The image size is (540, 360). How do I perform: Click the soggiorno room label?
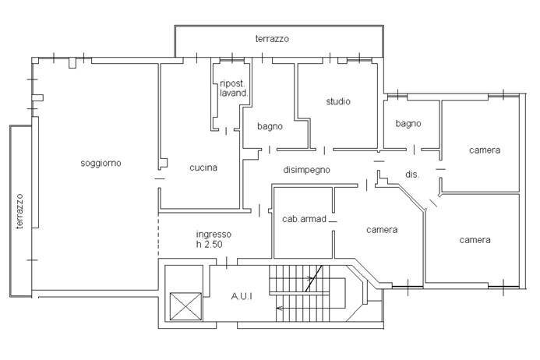click(101, 163)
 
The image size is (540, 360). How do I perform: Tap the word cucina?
click(203, 168)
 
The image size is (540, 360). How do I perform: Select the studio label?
click(337, 101)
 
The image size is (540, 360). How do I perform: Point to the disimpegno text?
click(306, 169)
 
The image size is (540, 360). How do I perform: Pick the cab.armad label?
click(303, 219)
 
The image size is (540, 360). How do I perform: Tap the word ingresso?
click(214, 234)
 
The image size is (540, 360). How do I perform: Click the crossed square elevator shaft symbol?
click(185, 305)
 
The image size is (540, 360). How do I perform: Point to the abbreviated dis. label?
click(412, 175)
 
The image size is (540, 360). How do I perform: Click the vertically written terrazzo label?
click(20, 211)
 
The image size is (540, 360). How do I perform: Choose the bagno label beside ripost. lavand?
click(270, 126)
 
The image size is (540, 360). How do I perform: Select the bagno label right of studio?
click(408, 123)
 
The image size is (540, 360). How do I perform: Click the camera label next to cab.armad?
click(382, 230)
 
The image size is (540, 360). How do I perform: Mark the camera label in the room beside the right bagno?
click(484, 150)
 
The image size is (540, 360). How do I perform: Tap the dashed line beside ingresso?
click(159, 238)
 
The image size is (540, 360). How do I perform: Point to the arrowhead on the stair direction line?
click(280, 308)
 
